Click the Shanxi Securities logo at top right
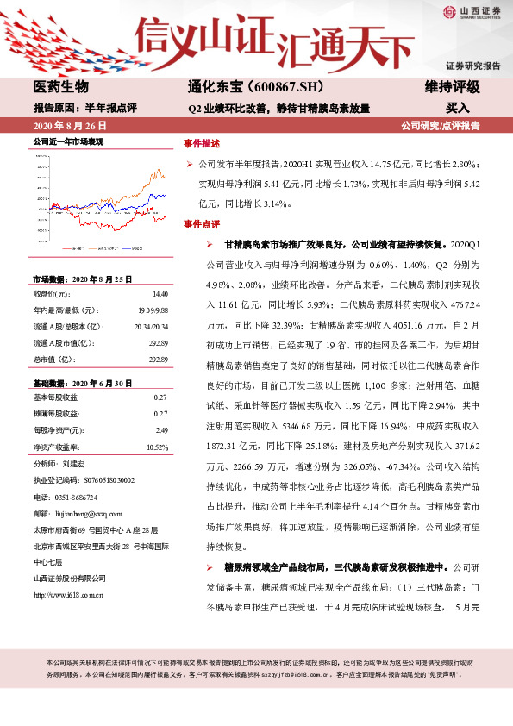(x=472, y=12)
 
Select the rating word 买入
(x=458, y=109)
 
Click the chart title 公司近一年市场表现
(x=68, y=140)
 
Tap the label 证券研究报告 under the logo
(x=472, y=66)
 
